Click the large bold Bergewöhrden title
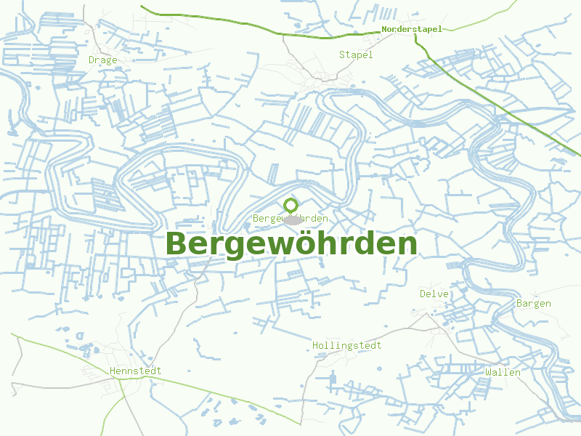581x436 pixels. (x=291, y=244)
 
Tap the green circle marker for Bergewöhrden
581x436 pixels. (x=291, y=206)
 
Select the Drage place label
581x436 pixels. (x=102, y=60)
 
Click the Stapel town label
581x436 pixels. (x=356, y=54)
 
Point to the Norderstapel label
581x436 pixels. (x=411, y=29)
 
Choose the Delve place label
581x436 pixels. (x=434, y=294)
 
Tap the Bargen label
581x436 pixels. (x=533, y=303)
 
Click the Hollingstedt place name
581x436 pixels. (x=346, y=345)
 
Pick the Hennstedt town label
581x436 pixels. (x=135, y=371)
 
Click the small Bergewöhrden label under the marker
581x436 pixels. (x=290, y=219)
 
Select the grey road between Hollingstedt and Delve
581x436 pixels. (x=392, y=334)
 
